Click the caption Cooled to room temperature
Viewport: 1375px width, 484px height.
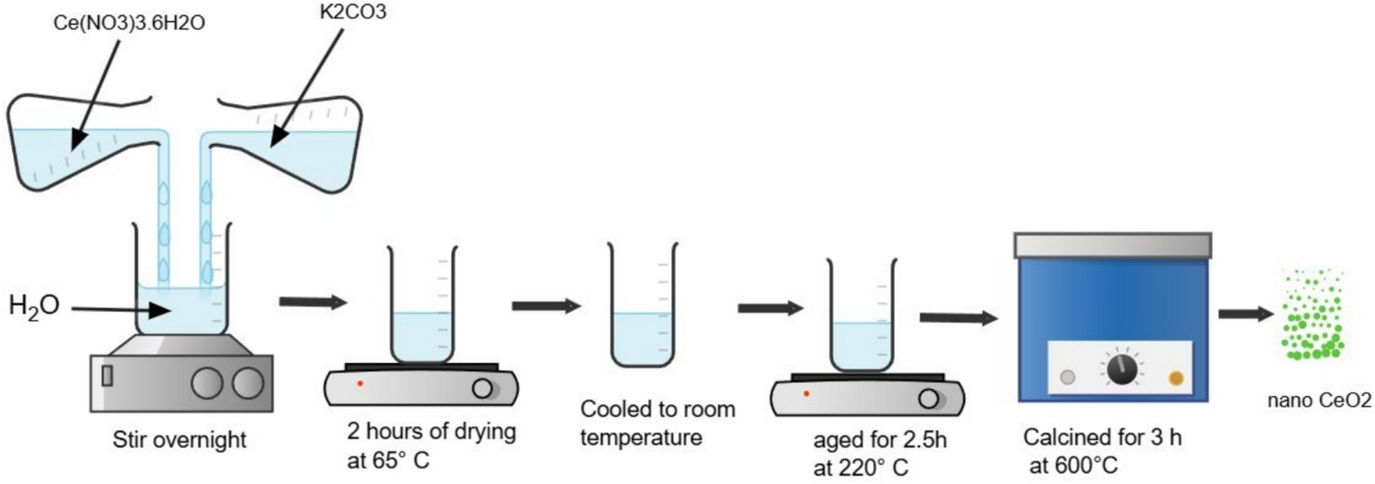pos(657,423)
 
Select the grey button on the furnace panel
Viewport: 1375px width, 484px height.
pos(1066,376)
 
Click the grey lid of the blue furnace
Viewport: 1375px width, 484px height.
pos(1113,245)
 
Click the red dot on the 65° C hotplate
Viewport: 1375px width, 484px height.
pos(360,382)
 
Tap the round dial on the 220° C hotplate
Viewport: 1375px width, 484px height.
pos(929,399)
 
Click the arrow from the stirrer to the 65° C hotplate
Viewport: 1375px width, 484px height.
pos(313,302)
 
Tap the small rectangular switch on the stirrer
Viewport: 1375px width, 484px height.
pos(107,375)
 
